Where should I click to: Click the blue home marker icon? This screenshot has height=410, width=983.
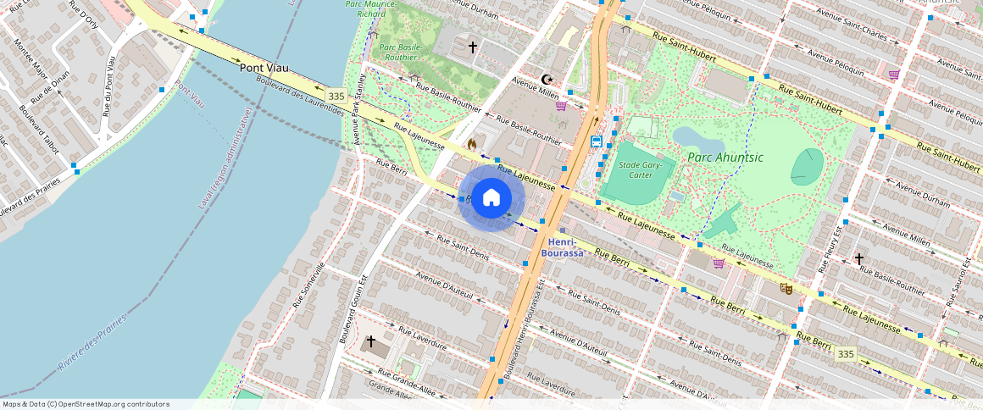491,198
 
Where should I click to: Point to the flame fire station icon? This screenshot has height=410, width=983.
471,145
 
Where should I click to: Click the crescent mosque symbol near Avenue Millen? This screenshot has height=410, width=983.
546,79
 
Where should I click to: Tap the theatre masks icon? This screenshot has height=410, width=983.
786,289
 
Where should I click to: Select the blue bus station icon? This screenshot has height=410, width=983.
597,141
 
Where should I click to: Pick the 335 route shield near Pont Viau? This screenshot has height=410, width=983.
336,96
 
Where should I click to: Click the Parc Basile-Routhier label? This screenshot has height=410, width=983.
401,53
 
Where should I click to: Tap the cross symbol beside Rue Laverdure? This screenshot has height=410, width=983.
370,341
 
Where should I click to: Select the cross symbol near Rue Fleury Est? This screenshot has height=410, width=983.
858,258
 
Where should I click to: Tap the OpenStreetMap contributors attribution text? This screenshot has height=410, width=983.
85,404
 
